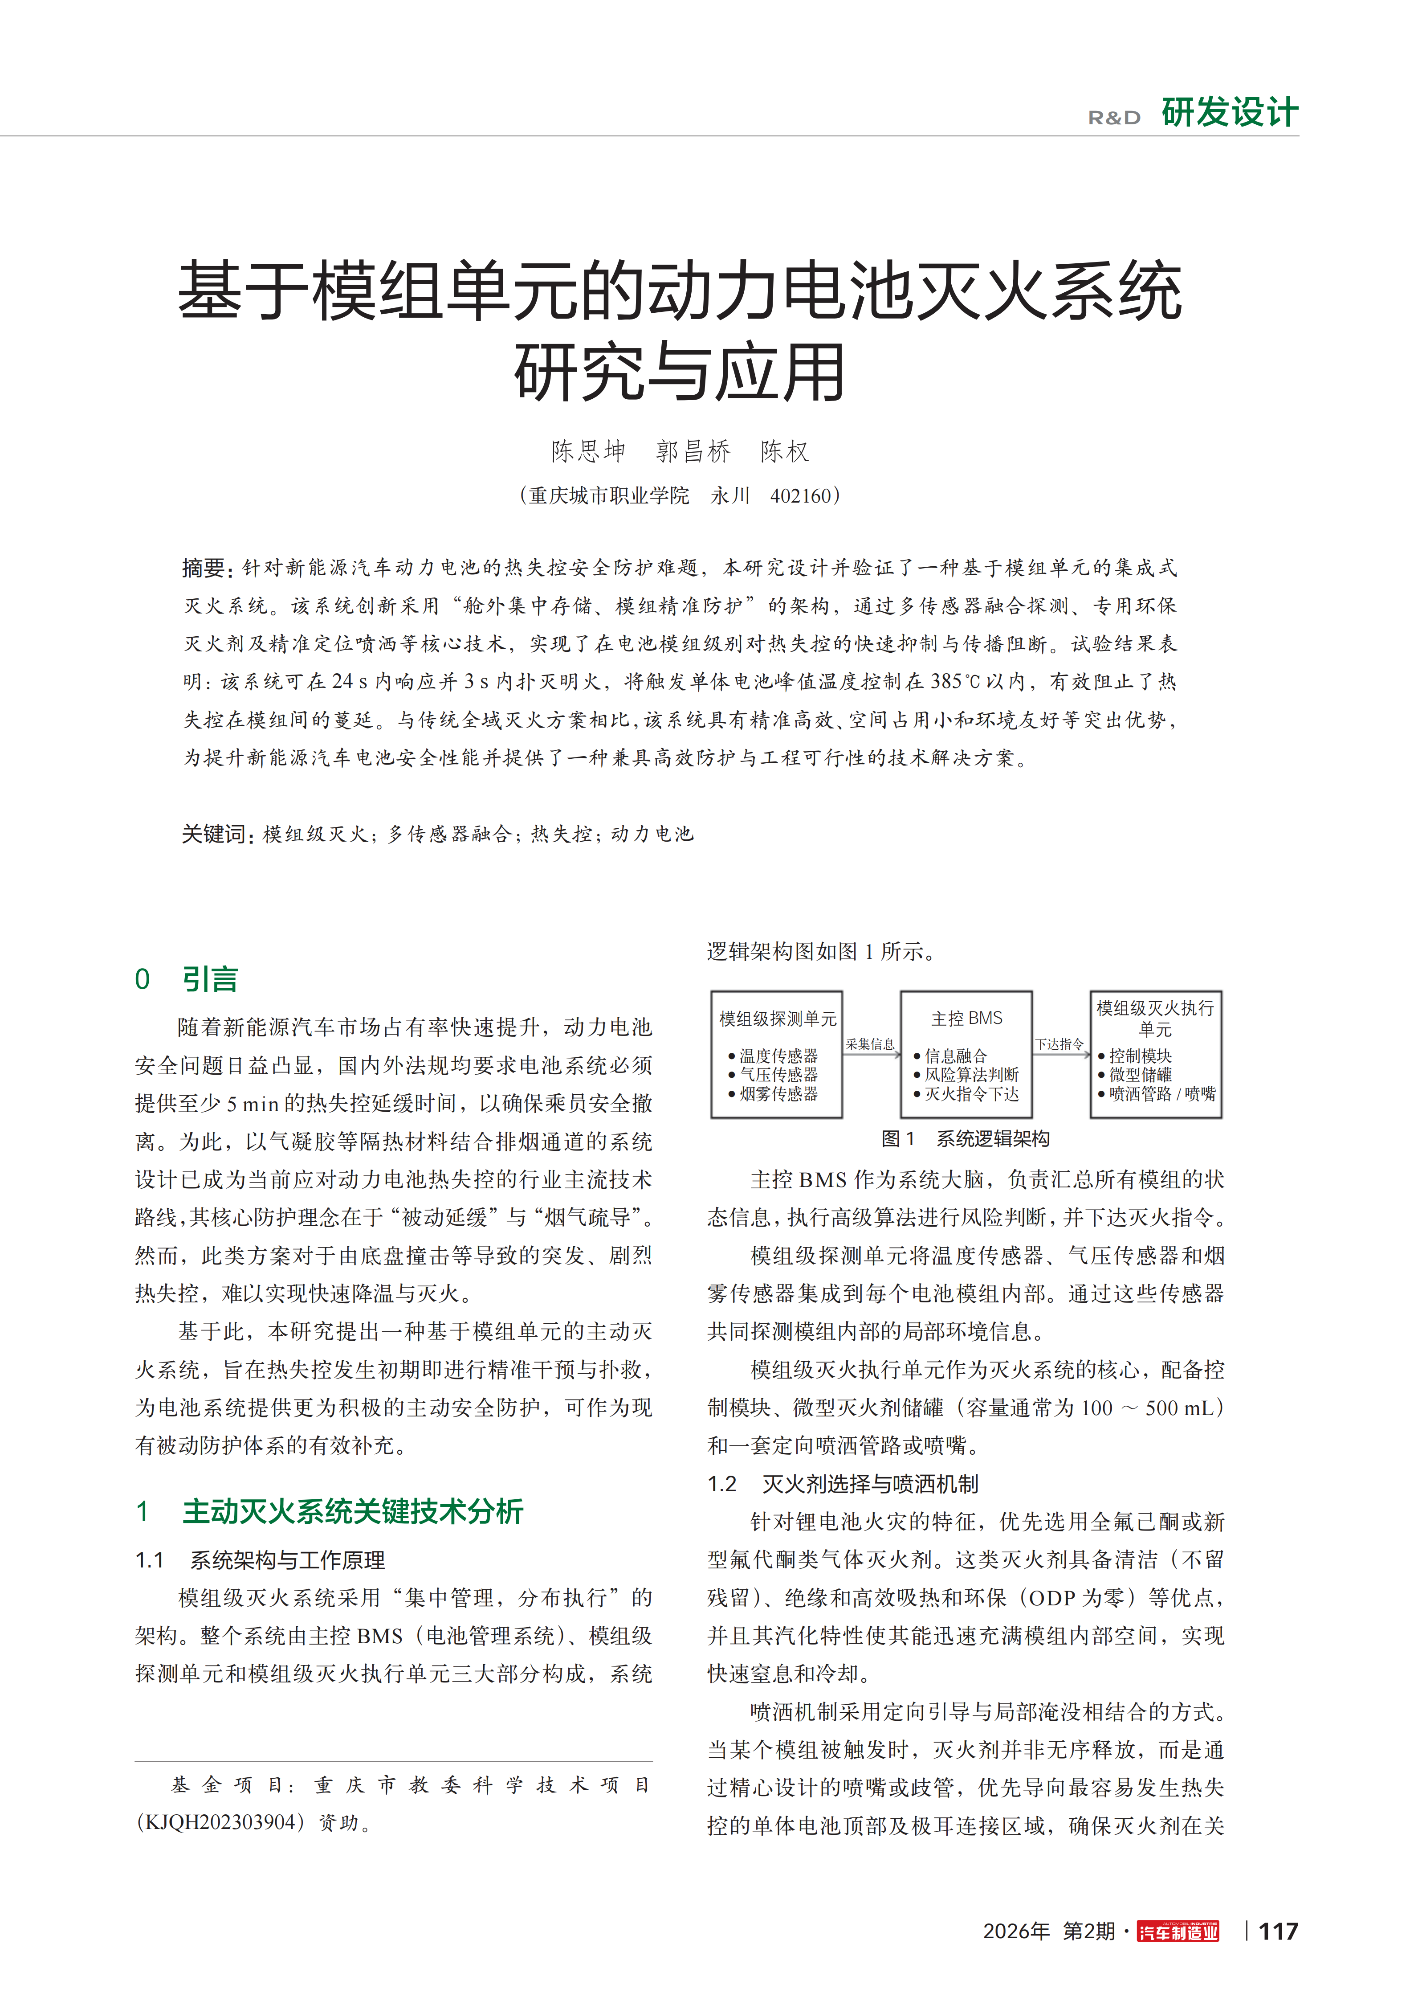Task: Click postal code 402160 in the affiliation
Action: click(x=801, y=496)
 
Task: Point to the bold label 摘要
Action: click(x=206, y=568)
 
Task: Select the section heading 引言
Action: click(x=210, y=980)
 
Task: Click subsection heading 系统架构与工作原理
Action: click(x=288, y=1560)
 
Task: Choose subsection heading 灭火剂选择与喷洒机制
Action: click(x=869, y=1484)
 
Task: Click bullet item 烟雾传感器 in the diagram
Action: click(x=778, y=1094)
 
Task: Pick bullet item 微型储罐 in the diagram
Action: click(x=1140, y=1075)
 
